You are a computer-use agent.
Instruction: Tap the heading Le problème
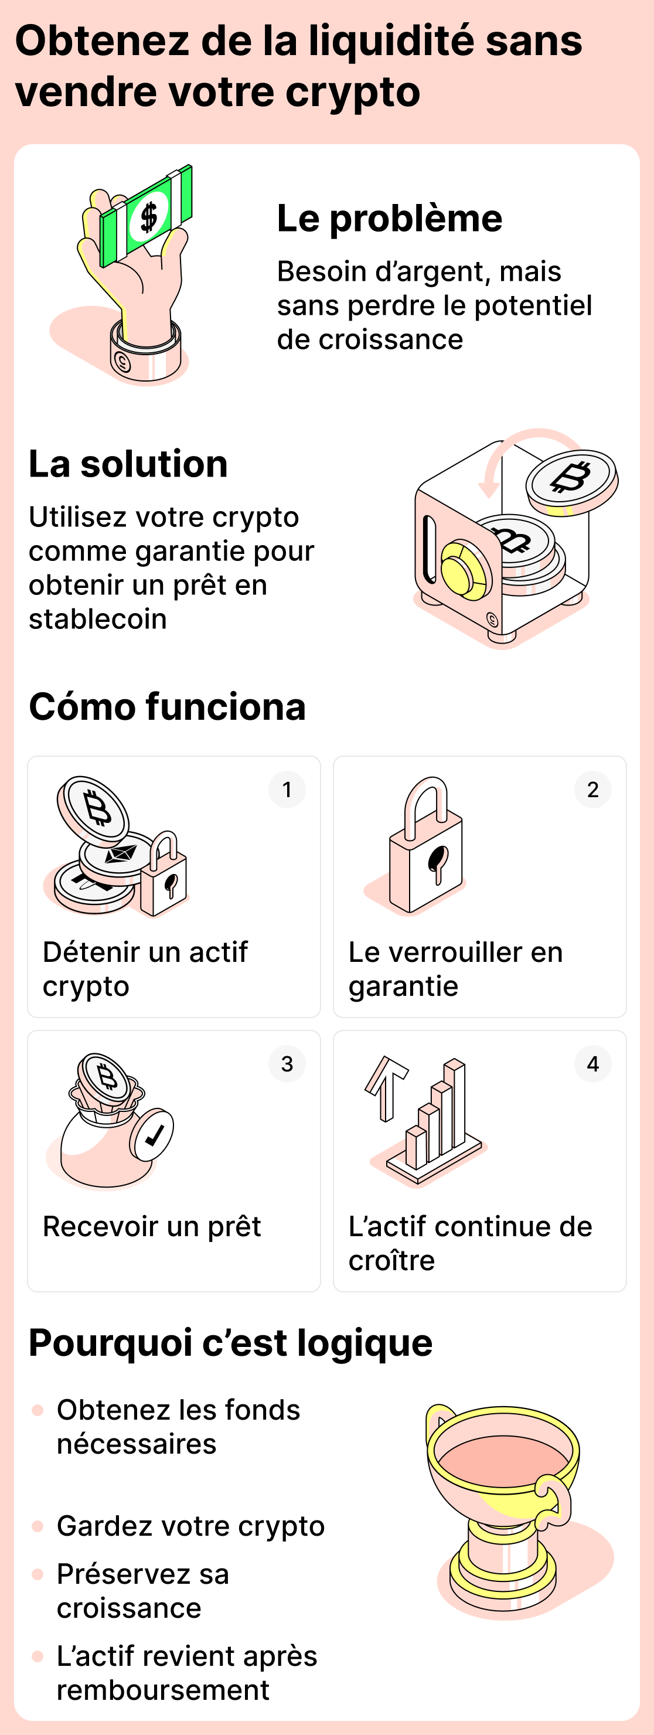(x=389, y=219)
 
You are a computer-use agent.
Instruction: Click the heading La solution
(x=128, y=464)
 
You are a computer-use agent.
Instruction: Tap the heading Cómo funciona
(x=167, y=707)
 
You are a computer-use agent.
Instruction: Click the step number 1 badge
(x=287, y=790)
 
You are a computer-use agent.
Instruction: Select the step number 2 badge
(x=592, y=790)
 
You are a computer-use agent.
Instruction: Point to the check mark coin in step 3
(x=153, y=1134)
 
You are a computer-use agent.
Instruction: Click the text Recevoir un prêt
(x=152, y=1226)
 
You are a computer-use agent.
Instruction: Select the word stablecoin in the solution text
(x=98, y=619)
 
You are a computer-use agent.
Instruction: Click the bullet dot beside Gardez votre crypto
(x=38, y=1526)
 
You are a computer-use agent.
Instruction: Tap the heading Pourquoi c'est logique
(x=230, y=1343)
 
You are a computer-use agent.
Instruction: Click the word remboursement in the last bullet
(x=163, y=1690)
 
